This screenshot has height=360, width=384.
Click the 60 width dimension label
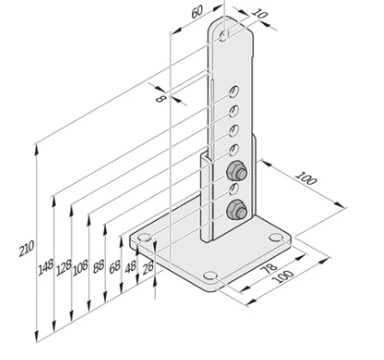[196, 13]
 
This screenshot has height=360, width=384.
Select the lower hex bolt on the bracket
[237, 209]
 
